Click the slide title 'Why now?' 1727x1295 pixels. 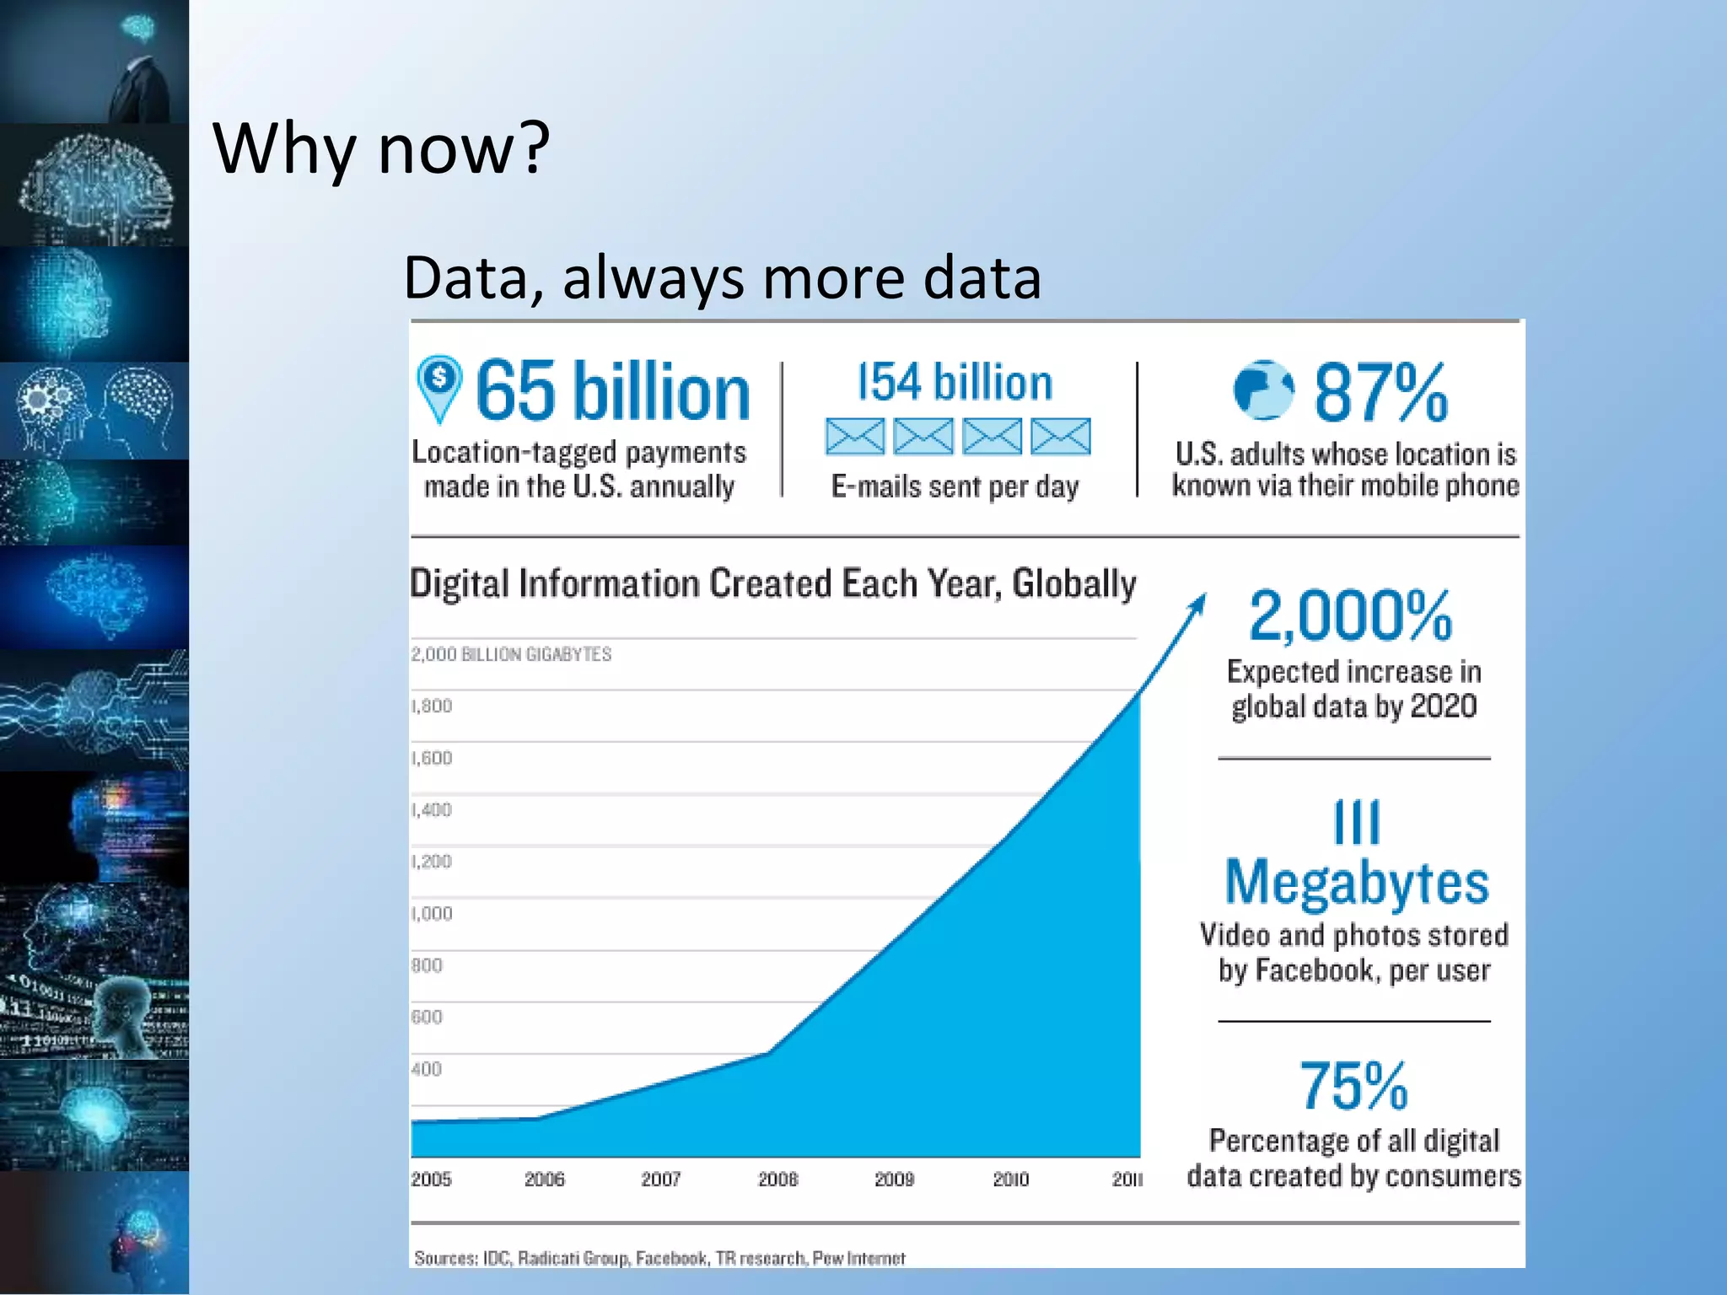(381, 149)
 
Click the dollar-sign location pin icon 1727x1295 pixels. (439, 387)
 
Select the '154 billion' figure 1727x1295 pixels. (955, 383)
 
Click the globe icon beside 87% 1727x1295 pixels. (1262, 390)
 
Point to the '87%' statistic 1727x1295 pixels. (1380, 393)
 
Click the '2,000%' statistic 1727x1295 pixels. (1351, 616)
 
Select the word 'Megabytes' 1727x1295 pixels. (1357, 883)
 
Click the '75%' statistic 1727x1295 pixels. (1353, 1087)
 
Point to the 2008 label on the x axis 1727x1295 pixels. (777, 1179)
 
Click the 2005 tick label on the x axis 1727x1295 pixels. (431, 1179)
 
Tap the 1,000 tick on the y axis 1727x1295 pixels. (432, 914)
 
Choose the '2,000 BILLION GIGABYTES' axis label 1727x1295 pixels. (511, 654)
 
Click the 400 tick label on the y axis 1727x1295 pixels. (427, 1069)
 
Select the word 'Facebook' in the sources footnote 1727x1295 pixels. (670, 1259)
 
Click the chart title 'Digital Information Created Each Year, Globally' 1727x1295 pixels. (772, 583)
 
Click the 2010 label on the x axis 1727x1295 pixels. (1010, 1179)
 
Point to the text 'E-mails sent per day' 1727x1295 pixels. (955, 486)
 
